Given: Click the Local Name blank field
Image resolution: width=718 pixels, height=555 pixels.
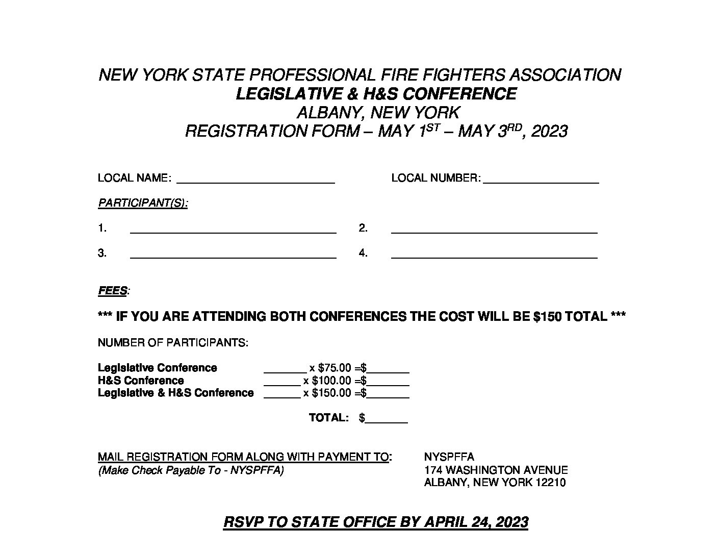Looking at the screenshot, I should click(255, 179).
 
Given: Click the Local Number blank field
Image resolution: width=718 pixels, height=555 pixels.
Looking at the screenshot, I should click(541, 179).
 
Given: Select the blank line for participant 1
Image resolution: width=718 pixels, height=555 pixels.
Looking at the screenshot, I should click(233, 229).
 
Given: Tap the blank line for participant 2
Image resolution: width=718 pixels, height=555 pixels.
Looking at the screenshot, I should click(494, 229).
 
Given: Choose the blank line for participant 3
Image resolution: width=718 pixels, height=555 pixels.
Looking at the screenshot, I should click(233, 254).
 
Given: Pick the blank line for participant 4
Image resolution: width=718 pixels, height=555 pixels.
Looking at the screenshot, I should click(494, 254).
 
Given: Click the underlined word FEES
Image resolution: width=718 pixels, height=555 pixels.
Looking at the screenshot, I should click(112, 291).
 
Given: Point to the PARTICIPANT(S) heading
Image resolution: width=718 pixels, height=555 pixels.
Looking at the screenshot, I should click(143, 203).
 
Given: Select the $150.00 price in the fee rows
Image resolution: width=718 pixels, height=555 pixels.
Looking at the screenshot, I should click(331, 393).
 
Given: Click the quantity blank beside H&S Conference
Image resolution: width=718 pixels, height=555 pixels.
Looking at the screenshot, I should click(282, 382).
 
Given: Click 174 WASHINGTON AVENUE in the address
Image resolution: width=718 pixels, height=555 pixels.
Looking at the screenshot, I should click(496, 470).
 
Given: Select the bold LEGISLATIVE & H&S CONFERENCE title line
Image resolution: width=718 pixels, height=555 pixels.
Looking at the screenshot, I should click(376, 94).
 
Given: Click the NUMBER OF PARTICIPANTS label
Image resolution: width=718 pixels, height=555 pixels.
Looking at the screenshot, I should click(173, 343).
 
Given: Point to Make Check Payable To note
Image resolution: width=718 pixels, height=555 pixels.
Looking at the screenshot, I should click(191, 470).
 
